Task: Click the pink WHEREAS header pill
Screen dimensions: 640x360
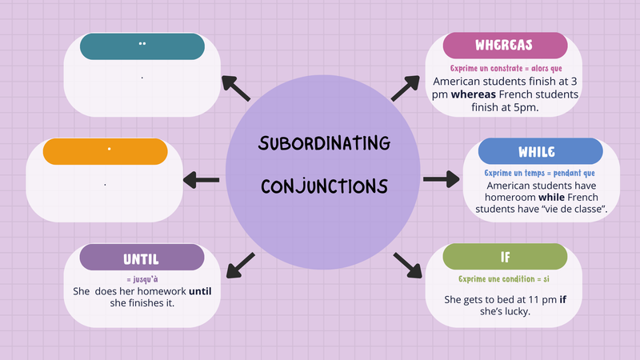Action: (x=505, y=46)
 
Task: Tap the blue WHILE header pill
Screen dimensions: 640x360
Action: (x=541, y=151)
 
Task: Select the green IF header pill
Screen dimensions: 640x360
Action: (x=505, y=257)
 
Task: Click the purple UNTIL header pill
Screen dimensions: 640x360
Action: (x=142, y=257)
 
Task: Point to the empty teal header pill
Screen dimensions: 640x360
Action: (x=142, y=46)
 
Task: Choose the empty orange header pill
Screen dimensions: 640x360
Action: (x=106, y=151)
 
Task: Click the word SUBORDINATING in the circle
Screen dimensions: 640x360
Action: (x=325, y=143)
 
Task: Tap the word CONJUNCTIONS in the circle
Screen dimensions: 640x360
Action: (x=325, y=186)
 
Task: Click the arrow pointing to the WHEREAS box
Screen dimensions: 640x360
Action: (x=406, y=88)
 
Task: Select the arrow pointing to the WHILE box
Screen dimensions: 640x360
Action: (x=442, y=179)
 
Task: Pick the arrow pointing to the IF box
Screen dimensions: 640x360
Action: (x=407, y=266)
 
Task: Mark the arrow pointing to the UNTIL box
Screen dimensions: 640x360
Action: (x=241, y=266)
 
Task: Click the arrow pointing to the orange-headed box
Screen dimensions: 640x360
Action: (x=202, y=180)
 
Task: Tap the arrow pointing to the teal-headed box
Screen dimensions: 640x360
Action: (x=236, y=88)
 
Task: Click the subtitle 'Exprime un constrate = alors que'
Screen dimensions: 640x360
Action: (x=506, y=68)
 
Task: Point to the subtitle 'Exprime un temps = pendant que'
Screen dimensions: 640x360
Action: (x=539, y=173)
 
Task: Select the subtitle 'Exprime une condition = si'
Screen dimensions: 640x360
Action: (x=504, y=279)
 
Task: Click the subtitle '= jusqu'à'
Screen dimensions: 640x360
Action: (x=142, y=279)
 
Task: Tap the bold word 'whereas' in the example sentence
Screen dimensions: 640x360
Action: (x=474, y=94)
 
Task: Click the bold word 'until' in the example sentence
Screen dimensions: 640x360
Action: (x=200, y=291)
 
